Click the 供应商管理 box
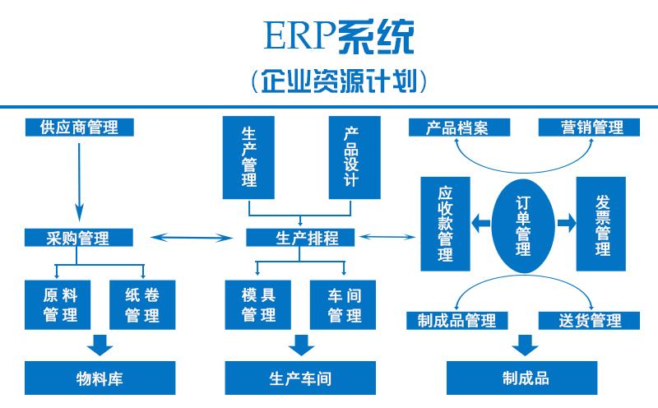[x=79, y=128]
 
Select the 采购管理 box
[x=79, y=238]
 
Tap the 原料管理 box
[x=61, y=304]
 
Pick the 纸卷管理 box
[x=142, y=304]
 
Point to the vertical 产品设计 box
[x=351, y=157]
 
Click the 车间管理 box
[x=345, y=304]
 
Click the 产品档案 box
[x=457, y=128]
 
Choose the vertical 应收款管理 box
[x=445, y=223]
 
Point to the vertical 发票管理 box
[x=602, y=223]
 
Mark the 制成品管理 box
[x=457, y=320]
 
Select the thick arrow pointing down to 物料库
[x=102, y=342]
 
